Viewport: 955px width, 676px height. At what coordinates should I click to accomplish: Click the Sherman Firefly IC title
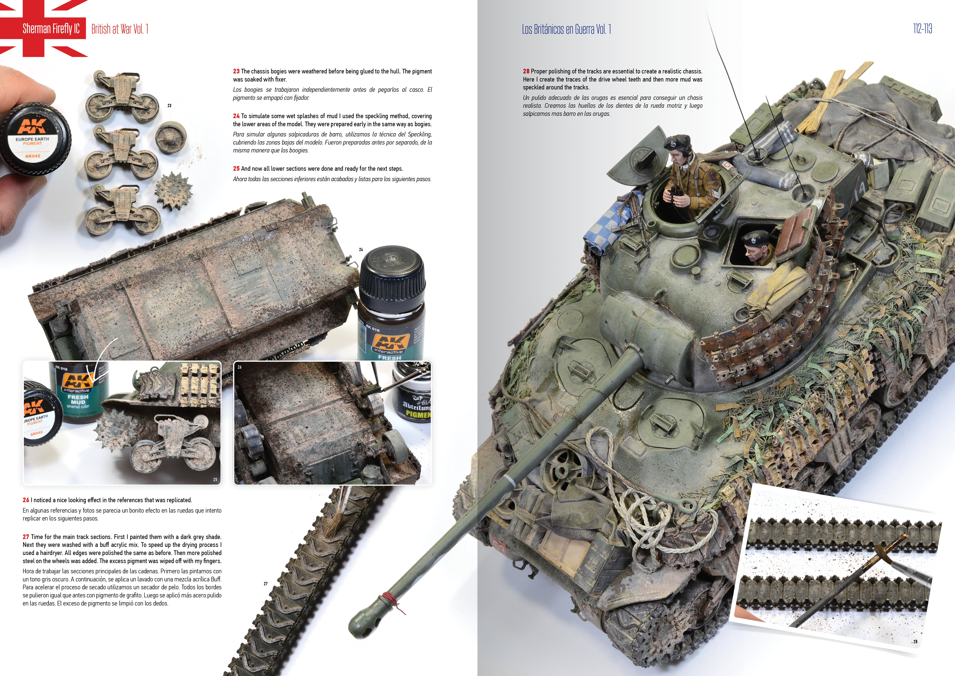pyautogui.click(x=51, y=29)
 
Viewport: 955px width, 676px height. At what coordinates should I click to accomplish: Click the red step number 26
pyautogui.click(x=26, y=500)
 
